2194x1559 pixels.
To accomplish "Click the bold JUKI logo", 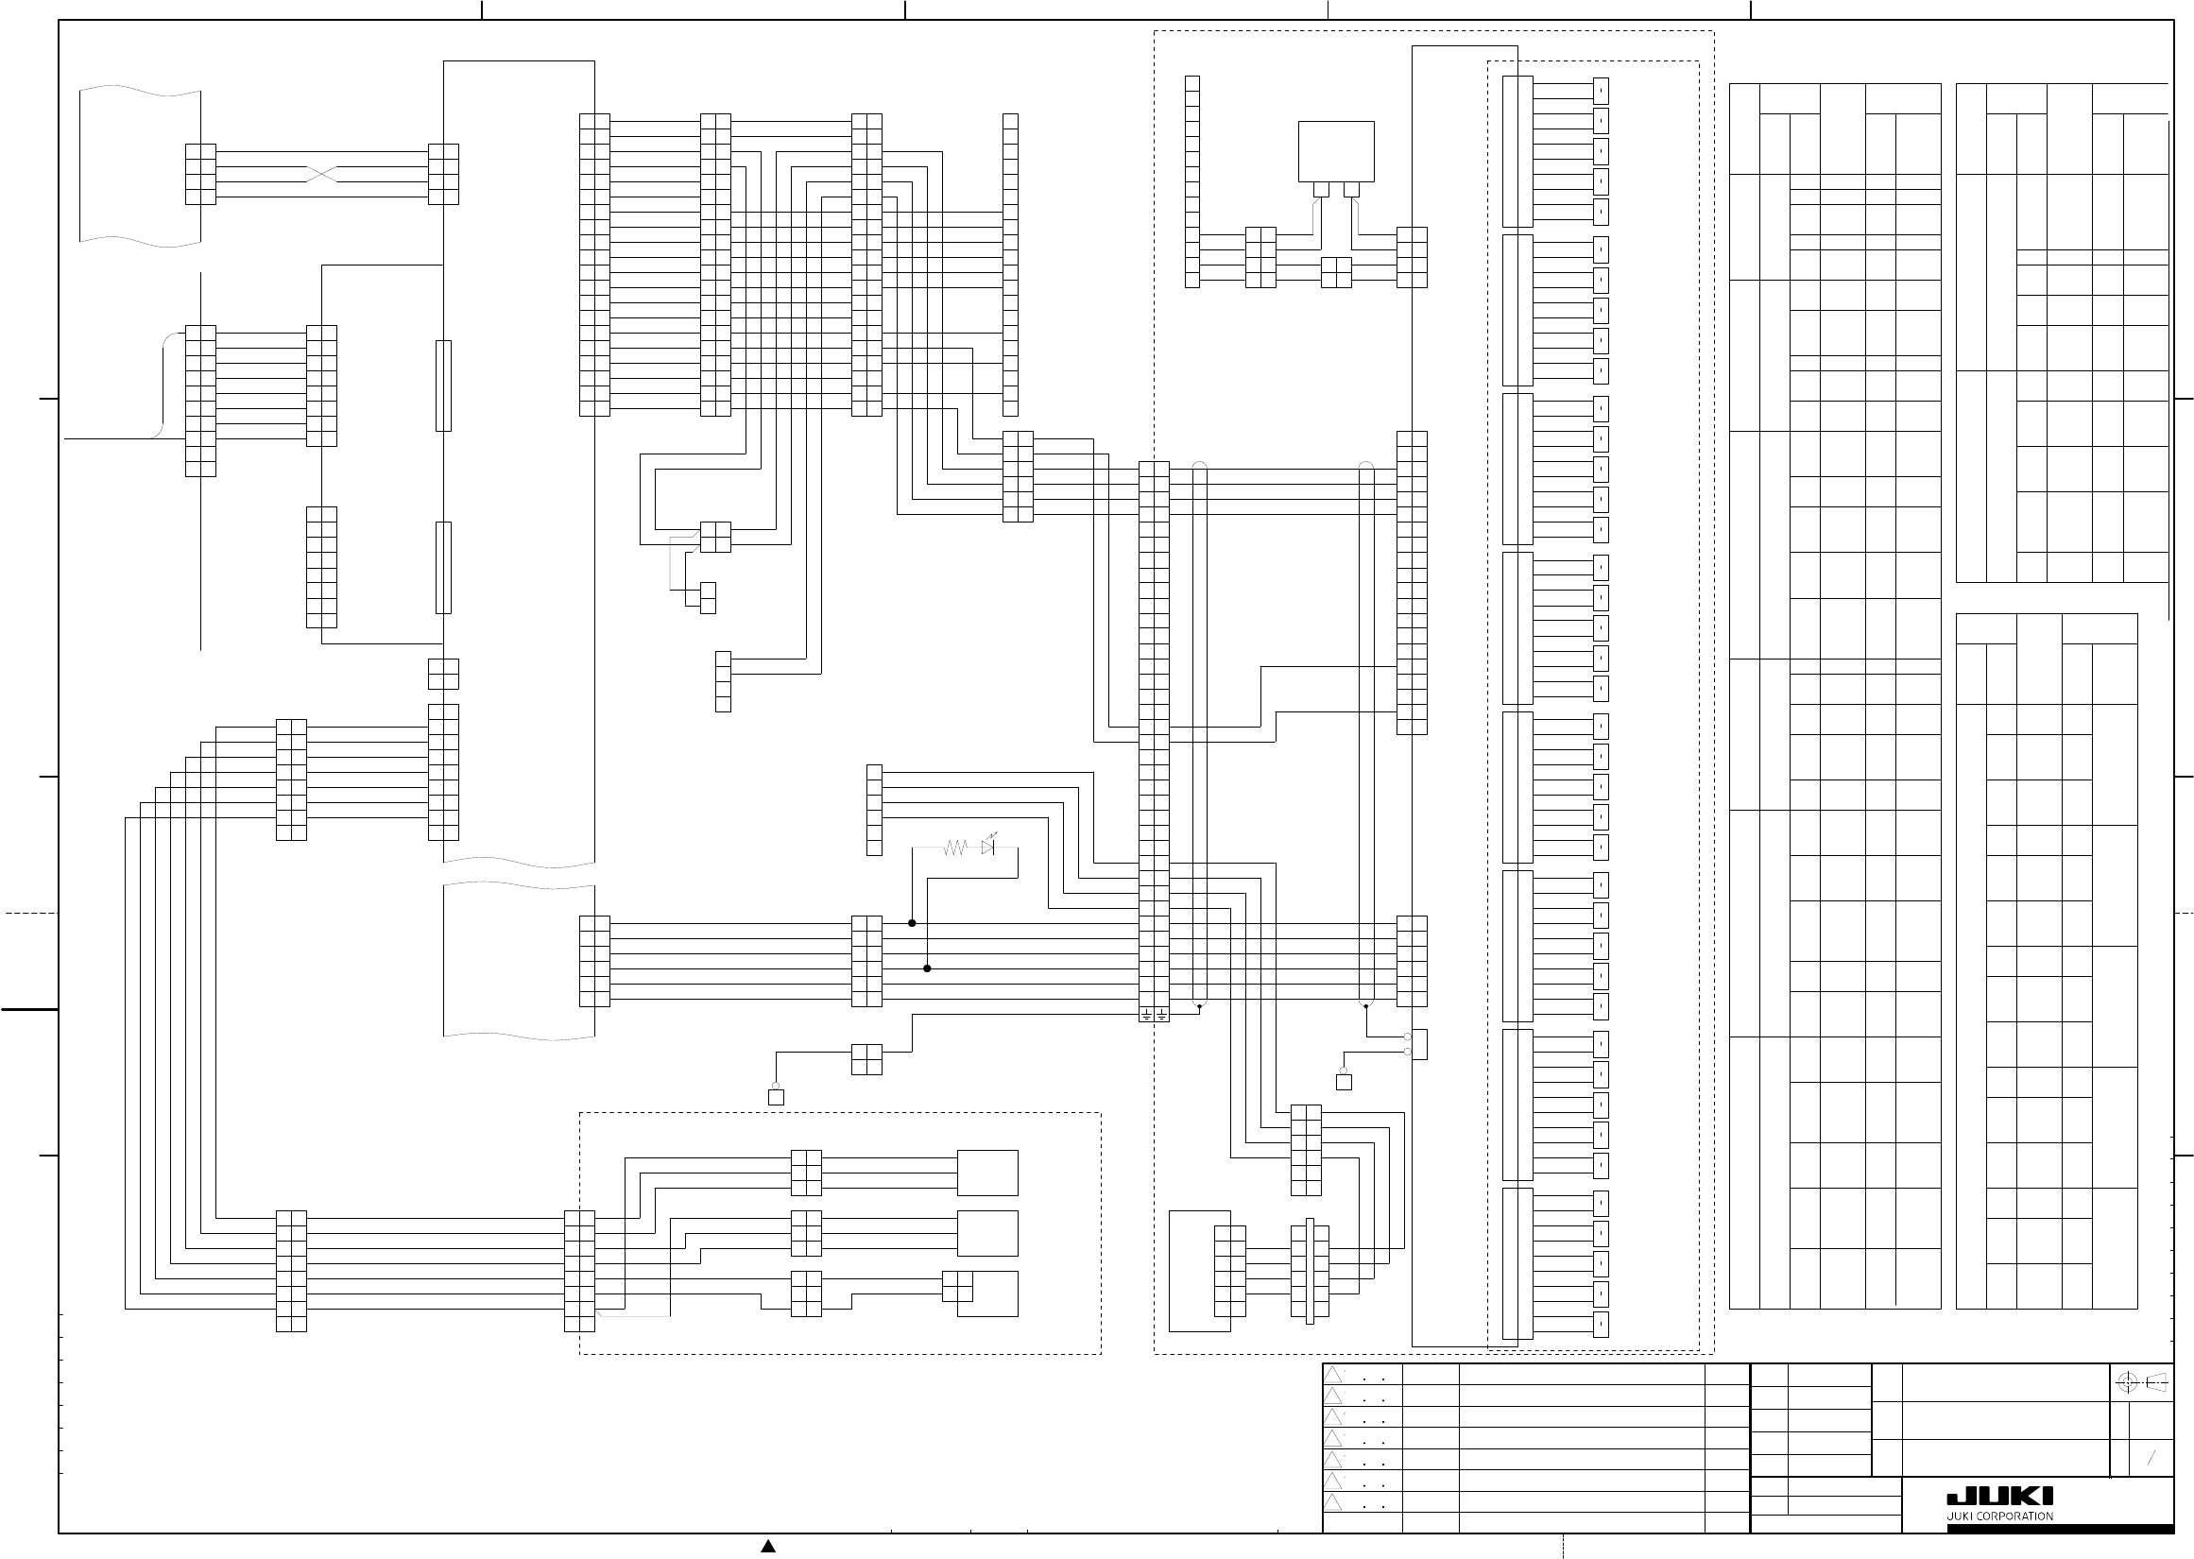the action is pyautogui.click(x=1999, y=1497).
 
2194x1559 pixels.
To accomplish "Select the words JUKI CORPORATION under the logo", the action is pyautogui.click(x=1999, y=1516).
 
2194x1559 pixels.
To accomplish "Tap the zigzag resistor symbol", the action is pyautogui.click(x=955, y=848).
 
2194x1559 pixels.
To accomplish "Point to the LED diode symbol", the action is pyautogui.click(x=988, y=848).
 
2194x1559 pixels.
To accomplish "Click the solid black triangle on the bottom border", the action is pyautogui.click(x=768, y=1546).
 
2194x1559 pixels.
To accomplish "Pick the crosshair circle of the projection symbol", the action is pyautogui.click(x=2127, y=1383).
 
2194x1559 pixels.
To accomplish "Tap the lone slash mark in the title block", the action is pyautogui.click(x=2151, y=1458).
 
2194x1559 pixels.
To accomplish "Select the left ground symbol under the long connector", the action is pyautogui.click(x=1146, y=1014).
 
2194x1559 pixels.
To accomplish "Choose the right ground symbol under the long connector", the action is pyautogui.click(x=1161, y=1014).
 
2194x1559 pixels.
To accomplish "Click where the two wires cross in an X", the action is pyautogui.click(x=321, y=175).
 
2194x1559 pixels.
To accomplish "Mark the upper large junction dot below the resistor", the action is pyautogui.click(x=912, y=923).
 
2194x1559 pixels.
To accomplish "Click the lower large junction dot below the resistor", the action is pyautogui.click(x=927, y=968).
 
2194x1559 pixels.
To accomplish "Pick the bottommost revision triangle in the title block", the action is pyautogui.click(x=1333, y=1502).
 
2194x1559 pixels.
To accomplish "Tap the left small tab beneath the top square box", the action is pyautogui.click(x=1322, y=189).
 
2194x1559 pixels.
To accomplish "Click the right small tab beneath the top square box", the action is pyautogui.click(x=1351, y=189).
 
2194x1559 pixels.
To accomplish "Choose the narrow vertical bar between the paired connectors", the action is pyautogui.click(x=1309, y=1272).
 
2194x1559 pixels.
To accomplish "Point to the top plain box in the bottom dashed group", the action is pyautogui.click(x=986, y=1173).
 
